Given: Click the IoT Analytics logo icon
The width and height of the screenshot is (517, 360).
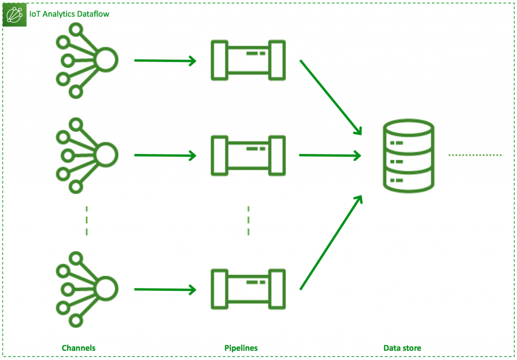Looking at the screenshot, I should (14, 15).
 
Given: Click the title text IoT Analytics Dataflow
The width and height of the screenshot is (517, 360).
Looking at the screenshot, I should (69, 14).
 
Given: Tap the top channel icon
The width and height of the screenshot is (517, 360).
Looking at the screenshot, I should (86, 60).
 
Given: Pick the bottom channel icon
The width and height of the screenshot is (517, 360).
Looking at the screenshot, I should (86, 288).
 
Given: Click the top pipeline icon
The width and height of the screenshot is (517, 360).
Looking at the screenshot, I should (248, 60).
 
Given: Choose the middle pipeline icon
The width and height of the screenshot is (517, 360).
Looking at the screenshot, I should (248, 155).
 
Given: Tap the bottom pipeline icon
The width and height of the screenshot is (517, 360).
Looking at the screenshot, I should (248, 288).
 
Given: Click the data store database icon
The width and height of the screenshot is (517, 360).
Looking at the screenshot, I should (407, 155).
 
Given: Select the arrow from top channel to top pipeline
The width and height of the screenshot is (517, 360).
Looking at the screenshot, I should (165, 61).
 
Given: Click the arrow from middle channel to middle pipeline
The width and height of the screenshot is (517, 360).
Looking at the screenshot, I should (165, 156).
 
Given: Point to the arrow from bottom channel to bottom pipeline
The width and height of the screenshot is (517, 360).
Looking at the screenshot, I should (165, 290).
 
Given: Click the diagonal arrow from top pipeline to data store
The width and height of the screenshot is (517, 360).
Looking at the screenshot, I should (331, 97).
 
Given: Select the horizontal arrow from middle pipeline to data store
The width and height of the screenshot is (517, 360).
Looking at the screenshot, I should (330, 156).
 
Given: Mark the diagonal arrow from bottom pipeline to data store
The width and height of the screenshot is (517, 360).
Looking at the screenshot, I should (331, 243).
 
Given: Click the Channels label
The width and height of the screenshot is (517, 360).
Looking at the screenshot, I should (78, 348).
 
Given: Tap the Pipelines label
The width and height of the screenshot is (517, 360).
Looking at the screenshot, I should (241, 348).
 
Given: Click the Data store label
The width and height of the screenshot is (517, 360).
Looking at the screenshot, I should (402, 348).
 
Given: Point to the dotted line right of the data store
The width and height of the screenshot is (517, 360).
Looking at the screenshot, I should (476, 155).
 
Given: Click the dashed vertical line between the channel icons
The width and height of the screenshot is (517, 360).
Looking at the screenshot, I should (87, 221).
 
